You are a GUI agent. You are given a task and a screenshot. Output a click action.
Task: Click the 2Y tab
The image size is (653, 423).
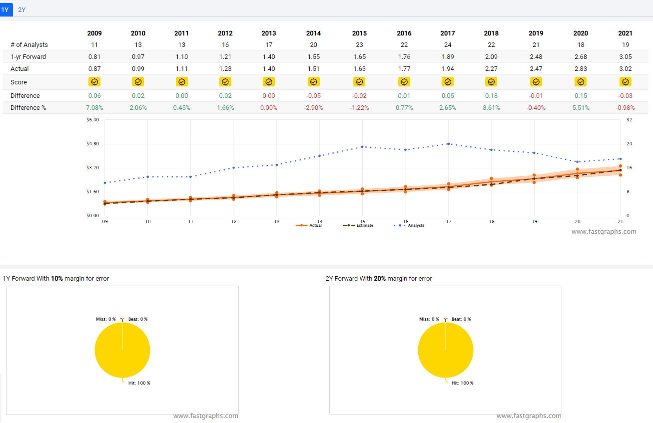coord(21,9)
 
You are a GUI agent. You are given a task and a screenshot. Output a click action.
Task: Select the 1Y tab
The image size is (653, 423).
coord(5,9)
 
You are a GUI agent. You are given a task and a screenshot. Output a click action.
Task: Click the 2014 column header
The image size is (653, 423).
coord(313,33)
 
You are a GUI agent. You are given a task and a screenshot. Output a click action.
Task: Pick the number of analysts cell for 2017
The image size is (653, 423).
coord(448,45)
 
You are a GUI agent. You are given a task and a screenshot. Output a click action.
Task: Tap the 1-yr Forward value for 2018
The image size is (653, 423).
coord(491,57)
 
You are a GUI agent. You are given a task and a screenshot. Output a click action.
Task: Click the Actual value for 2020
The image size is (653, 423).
coord(581,69)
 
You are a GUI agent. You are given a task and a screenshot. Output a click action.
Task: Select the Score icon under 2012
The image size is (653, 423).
coord(225,82)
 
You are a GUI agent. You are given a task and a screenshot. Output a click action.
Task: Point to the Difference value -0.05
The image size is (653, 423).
coord(313,96)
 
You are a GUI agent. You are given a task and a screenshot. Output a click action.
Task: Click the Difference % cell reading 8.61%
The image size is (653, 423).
coord(491,108)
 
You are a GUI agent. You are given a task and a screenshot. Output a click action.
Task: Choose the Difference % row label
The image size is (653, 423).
coord(28,108)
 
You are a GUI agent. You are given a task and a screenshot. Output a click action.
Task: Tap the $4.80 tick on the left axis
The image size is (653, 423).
coord(93,144)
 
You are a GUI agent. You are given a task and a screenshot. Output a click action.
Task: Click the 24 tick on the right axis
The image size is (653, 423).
coord(630,144)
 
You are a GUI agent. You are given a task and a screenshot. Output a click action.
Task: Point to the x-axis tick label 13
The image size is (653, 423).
coord(277,221)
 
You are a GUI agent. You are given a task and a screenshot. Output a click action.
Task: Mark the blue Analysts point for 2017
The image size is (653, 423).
coord(449,144)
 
